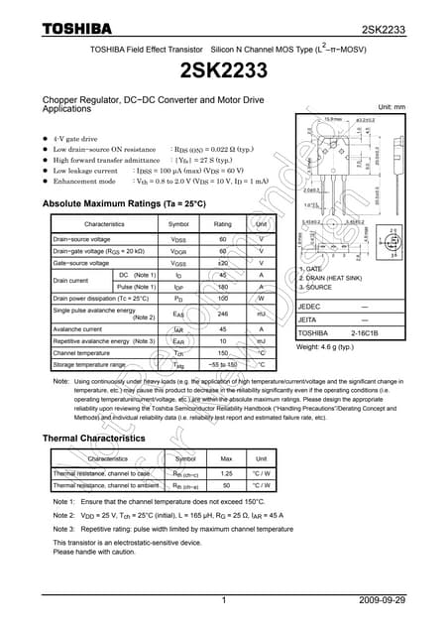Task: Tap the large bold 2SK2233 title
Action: pyautogui.click(x=223, y=71)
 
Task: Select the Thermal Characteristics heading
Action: pyautogui.click(x=94, y=438)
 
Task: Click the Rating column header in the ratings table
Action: pyautogui.click(x=223, y=224)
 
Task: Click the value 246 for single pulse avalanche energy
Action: pyautogui.click(x=223, y=314)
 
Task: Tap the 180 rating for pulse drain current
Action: pyautogui.click(x=223, y=286)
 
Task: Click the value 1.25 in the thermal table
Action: pyautogui.click(x=226, y=473)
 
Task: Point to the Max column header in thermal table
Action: pyautogui.click(x=226, y=459)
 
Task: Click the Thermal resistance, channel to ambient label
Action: pyautogui.click(x=106, y=486)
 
